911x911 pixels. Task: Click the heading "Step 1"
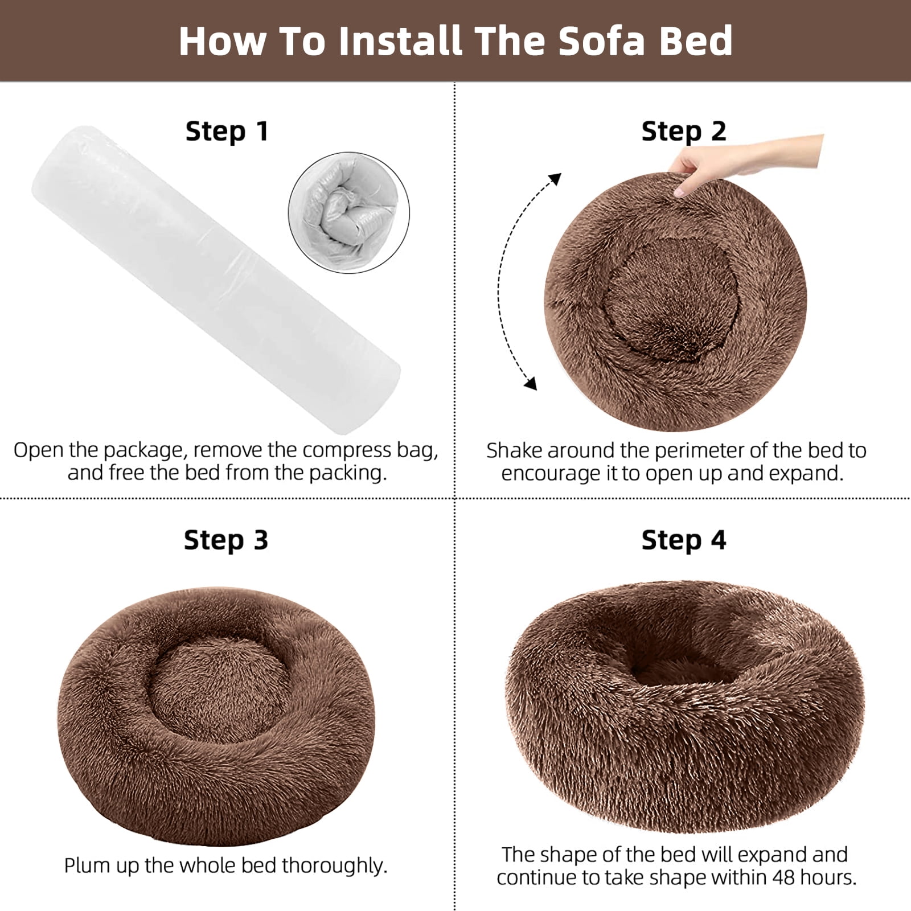227,132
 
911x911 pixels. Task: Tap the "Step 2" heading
684,132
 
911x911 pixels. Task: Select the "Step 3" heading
226,540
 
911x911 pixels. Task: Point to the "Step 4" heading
684,540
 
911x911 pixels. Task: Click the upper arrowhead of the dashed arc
554,179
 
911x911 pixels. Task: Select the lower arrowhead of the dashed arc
531,383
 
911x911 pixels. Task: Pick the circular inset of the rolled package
349,212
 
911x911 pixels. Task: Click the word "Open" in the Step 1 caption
39,450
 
